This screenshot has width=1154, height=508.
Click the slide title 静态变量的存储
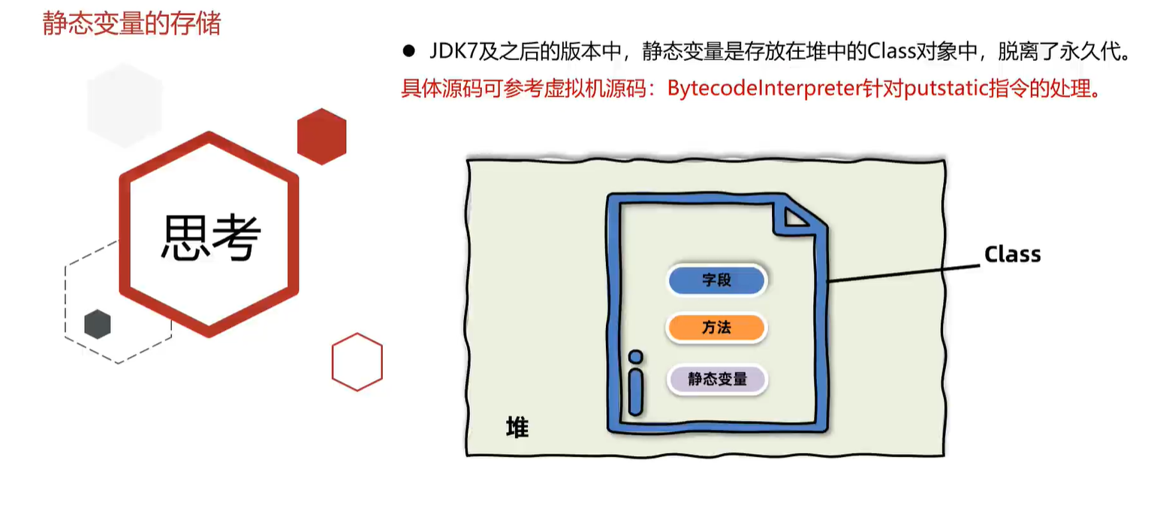pyautogui.click(x=132, y=23)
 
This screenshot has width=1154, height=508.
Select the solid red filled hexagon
pyautogui.click(x=321, y=136)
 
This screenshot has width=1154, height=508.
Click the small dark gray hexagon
pyautogui.click(x=97, y=324)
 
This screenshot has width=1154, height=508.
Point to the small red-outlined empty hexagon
pyautogui.click(x=357, y=361)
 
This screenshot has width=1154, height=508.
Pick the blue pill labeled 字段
pyautogui.click(x=716, y=280)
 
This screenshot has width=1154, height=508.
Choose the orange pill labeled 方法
pyautogui.click(x=716, y=328)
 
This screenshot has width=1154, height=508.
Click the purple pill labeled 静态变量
pyautogui.click(x=716, y=379)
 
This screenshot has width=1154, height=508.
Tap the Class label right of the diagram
pyautogui.click(x=1012, y=255)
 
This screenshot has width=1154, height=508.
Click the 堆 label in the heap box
pyautogui.click(x=517, y=428)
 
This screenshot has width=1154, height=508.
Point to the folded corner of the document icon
pyautogui.click(x=796, y=217)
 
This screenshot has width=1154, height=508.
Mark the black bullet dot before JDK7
pyautogui.click(x=409, y=51)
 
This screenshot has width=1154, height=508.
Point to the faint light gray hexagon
pyautogui.click(x=125, y=105)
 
